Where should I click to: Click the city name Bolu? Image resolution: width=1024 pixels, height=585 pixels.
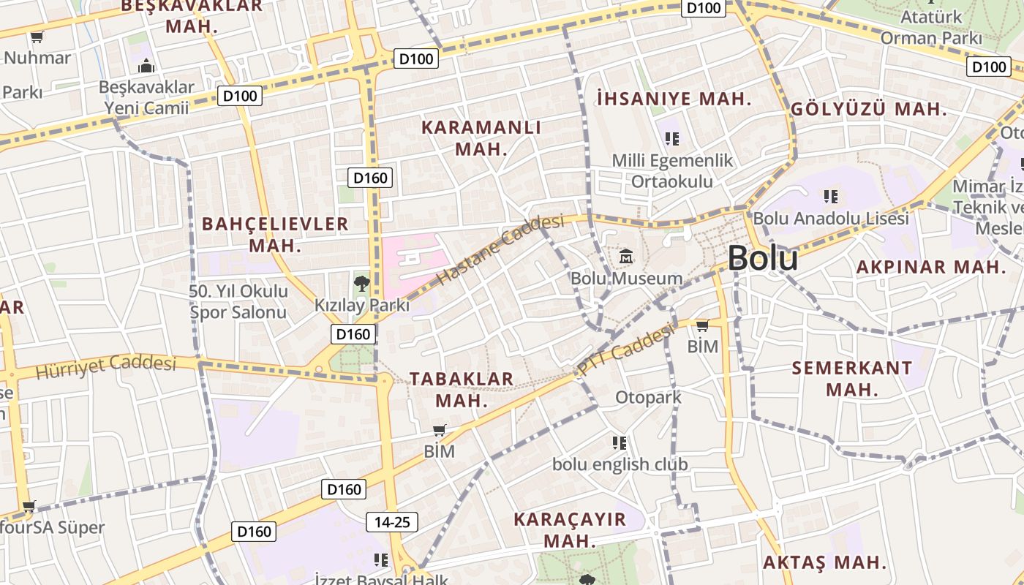pyautogui.click(x=762, y=258)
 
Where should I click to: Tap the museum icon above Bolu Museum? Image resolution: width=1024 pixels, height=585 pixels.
pyautogui.click(x=626, y=256)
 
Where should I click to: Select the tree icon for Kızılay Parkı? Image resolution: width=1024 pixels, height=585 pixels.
pyautogui.click(x=361, y=283)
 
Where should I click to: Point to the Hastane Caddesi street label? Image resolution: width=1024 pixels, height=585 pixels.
pyautogui.click(x=501, y=249)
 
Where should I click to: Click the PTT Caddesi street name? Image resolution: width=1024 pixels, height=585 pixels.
pyautogui.click(x=625, y=351)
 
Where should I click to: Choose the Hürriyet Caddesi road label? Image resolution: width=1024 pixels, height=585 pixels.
pyautogui.click(x=106, y=366)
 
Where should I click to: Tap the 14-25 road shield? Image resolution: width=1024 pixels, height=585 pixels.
pyautogui.click(x=392, y=522)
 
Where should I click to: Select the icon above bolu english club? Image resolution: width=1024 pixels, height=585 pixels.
pyautogui.click(x=620, y=443)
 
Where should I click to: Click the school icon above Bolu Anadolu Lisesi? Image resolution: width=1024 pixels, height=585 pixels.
pyautogui.click(x=830, y=196)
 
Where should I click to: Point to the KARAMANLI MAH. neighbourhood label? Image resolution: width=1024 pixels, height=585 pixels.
pyautogui.click(x=481, y=137)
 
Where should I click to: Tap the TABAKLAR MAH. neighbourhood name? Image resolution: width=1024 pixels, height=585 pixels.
pyautogui.click(x=462, y=389)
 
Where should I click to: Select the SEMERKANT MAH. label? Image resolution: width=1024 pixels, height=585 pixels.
pyautogui.click(x=852, y=378)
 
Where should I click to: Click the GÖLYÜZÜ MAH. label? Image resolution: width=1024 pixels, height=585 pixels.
pyautogui.click(x=869, y=110)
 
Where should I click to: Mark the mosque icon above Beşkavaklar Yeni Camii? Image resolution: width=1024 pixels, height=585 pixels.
pyautogui.click(x=146, y=67)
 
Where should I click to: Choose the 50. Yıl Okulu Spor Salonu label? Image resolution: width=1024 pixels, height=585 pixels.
pyautogui.click(x=238, y=301)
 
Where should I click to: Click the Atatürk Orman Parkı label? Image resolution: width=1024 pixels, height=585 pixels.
pyautogui.click(x=930, y=26)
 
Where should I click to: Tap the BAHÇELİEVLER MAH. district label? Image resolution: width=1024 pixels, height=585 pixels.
pyautogui.click(x=275, y=234)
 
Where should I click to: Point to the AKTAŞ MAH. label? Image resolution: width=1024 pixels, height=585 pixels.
pyautogui.click(x=824, y=563)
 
